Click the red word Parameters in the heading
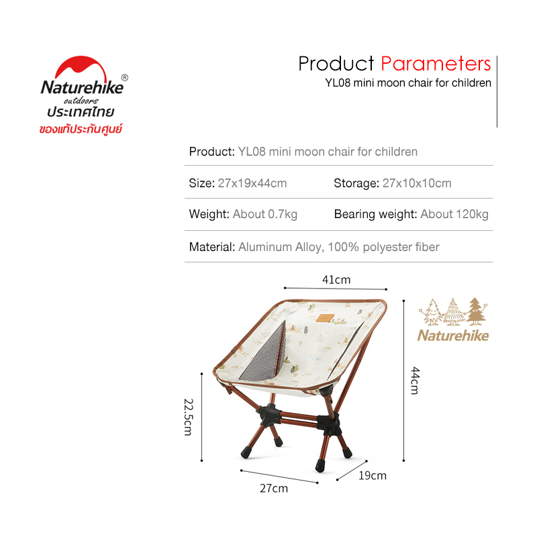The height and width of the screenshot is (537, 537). click(436, 64)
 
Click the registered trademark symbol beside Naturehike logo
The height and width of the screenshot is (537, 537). click(125, 78)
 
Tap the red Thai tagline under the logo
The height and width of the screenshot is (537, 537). click(81, 129)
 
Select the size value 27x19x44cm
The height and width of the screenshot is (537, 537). click(252, 183)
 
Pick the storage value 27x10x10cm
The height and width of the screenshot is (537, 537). click(417, 183)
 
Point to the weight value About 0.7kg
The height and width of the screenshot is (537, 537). click(265, 214)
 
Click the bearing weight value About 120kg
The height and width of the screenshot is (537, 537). click(454, 214)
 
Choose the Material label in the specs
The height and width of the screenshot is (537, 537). click(212, 247)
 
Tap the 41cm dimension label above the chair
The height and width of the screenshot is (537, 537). click(336, 280)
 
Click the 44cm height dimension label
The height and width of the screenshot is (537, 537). click(415, 381)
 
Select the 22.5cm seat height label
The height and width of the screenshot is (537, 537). click(189, 417)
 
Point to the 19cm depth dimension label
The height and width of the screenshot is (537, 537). click(373, 476)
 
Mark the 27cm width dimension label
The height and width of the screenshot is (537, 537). click(274, 489)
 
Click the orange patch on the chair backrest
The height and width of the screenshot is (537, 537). click(325, 318)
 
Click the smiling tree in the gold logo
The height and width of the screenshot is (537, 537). click(432, 312)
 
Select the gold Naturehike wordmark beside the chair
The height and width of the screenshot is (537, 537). click(453, 335)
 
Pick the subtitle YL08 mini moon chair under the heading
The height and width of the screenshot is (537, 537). click(408, 83)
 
